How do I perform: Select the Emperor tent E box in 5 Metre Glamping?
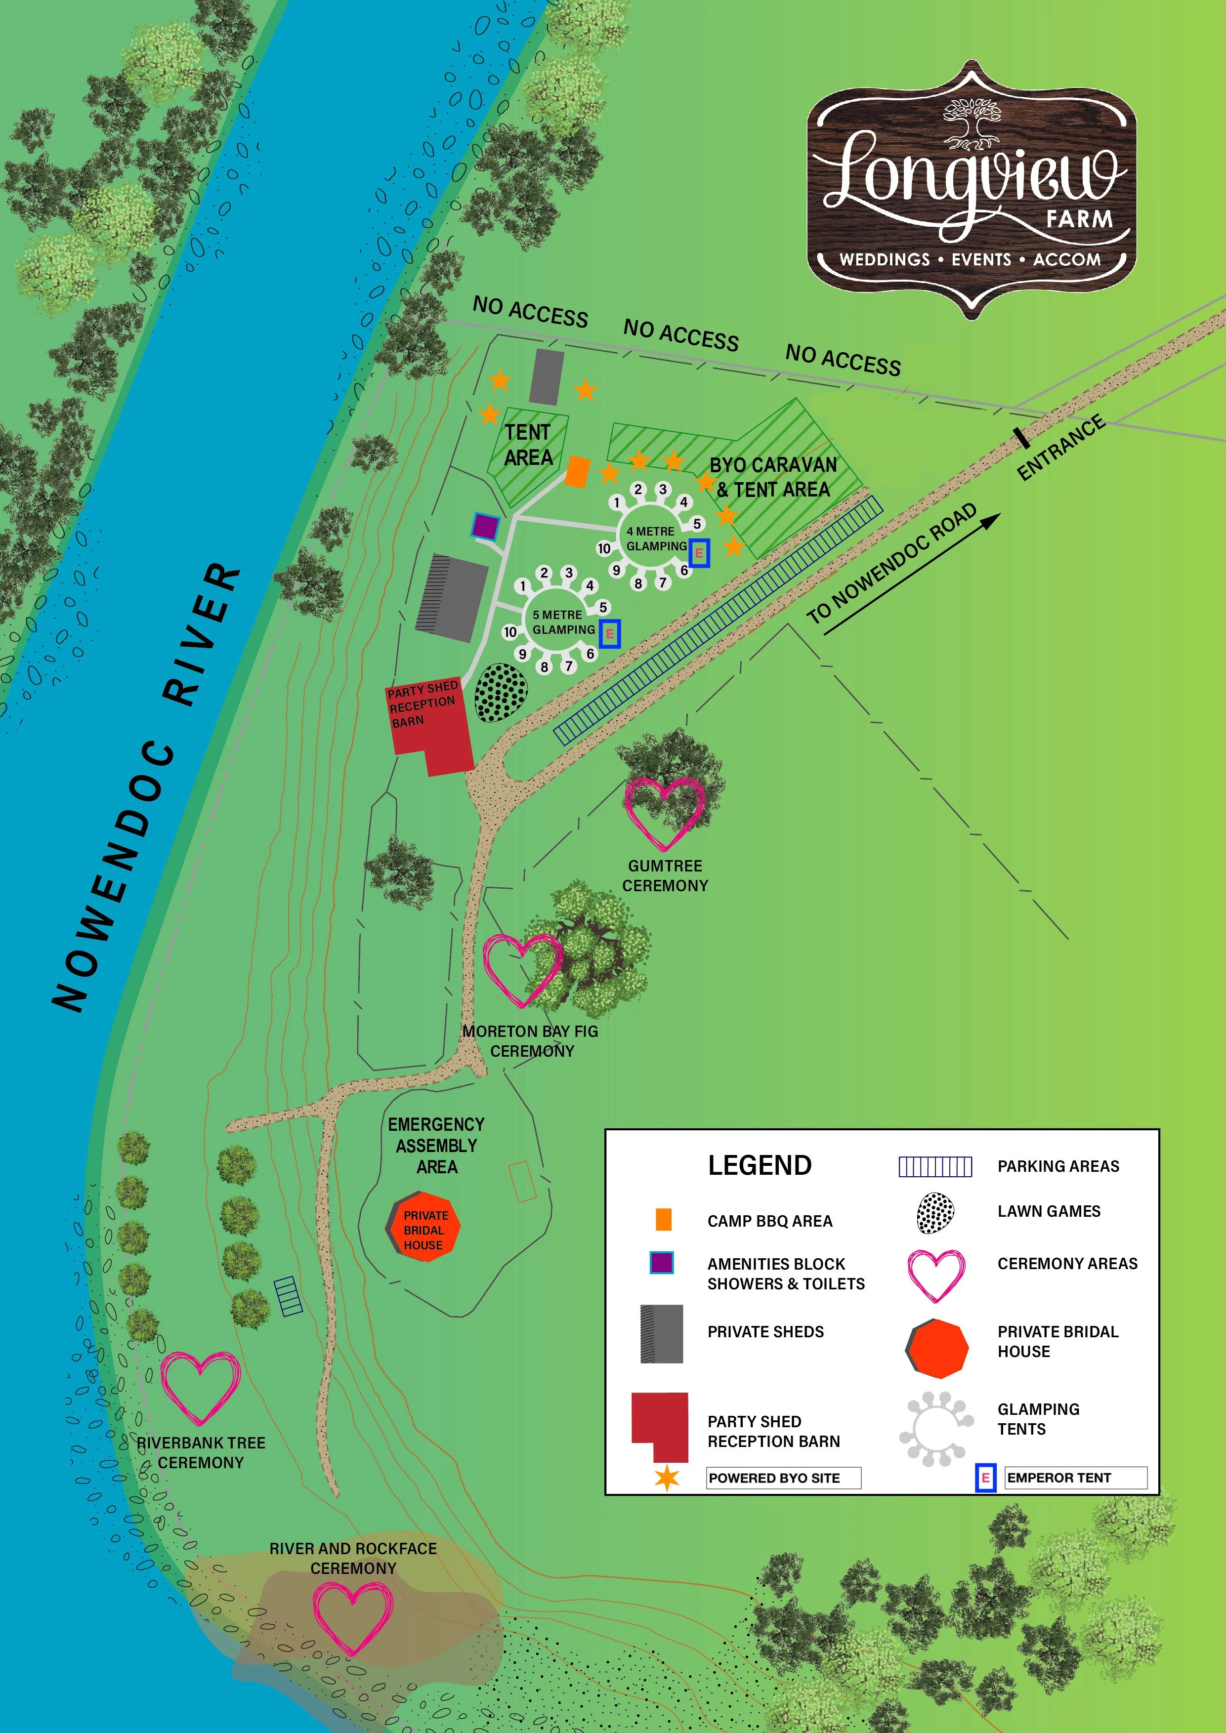click(609, 634)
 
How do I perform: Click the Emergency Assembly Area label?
click(436, 1145)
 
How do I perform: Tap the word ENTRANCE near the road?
click(1060, 447)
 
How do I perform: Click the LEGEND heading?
click(760, 1165)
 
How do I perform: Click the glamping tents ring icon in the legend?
click(934, 1429)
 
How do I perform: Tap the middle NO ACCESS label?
click(680, 334)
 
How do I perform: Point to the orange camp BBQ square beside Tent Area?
click(578, 472)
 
